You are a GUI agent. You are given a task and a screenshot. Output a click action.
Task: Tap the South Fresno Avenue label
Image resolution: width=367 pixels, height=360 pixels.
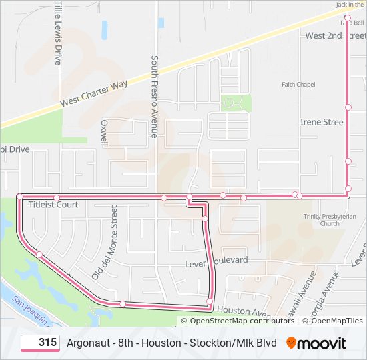click(153, 97)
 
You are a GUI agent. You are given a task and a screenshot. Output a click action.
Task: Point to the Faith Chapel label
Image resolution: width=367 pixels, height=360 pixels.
click(298, 85)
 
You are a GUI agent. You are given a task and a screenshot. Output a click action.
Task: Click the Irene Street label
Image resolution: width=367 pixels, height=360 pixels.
click(321, 122)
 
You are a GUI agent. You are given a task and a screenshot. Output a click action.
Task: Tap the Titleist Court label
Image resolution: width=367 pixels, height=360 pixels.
click(53, 205)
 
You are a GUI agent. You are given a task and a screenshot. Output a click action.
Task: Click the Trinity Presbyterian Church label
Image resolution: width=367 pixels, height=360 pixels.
click(330, 220)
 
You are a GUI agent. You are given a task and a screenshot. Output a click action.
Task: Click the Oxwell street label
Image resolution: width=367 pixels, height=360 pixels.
click(103, 133)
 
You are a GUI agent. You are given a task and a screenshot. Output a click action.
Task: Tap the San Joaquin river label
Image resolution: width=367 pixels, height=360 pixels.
click(30, 309)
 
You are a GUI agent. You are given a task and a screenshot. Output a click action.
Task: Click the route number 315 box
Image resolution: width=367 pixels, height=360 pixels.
click(41, 343)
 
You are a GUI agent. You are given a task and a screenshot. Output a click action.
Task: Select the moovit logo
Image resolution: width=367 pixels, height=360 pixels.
click(316, 343)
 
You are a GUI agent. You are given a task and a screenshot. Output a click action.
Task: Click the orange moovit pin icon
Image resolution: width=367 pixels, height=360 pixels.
click(291, 343)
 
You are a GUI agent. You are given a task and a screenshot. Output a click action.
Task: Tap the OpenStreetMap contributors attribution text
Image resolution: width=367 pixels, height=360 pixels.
click(238, 321)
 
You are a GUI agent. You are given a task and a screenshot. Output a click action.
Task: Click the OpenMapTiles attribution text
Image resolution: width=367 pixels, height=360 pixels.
click(332, 321)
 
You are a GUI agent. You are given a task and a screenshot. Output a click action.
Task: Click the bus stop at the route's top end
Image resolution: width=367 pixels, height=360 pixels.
click(348, 17)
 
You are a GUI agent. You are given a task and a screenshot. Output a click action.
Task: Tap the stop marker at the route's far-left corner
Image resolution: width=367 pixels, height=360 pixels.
click(19, 197)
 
